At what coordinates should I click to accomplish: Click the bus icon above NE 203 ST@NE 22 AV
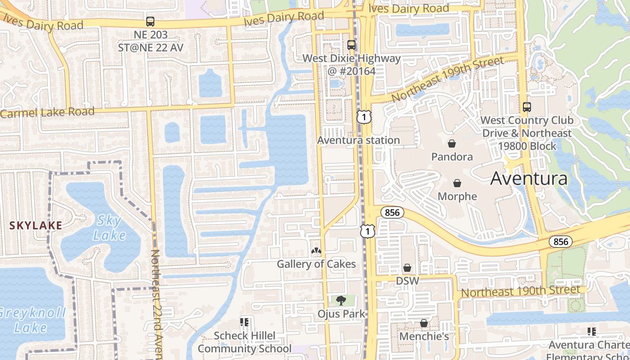(150, 21)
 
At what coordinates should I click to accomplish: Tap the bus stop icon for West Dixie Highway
(351, 45)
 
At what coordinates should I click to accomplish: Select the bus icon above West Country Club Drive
(527, 107)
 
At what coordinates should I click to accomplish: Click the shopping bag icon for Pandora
(452, 144)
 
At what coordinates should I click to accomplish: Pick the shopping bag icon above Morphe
(457, 183)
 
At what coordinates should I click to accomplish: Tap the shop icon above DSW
(407, 268)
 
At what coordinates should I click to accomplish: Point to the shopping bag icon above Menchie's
(424, 323)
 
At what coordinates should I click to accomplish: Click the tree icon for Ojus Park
(341, 300)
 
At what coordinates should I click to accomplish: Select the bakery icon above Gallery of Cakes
(316, 251)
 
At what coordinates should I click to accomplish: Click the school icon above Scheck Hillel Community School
(244, 322)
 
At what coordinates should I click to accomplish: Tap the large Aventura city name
(529, 179)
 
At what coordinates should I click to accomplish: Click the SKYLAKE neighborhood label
(36, 225)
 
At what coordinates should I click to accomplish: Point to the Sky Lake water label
(109, 228)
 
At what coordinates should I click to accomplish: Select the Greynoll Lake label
(31, 320)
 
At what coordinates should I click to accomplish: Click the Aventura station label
(358, 140)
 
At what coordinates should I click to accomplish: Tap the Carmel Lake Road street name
(47, 112)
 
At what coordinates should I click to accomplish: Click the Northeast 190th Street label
(520, 291)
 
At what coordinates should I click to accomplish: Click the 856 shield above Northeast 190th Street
(561, 242)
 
